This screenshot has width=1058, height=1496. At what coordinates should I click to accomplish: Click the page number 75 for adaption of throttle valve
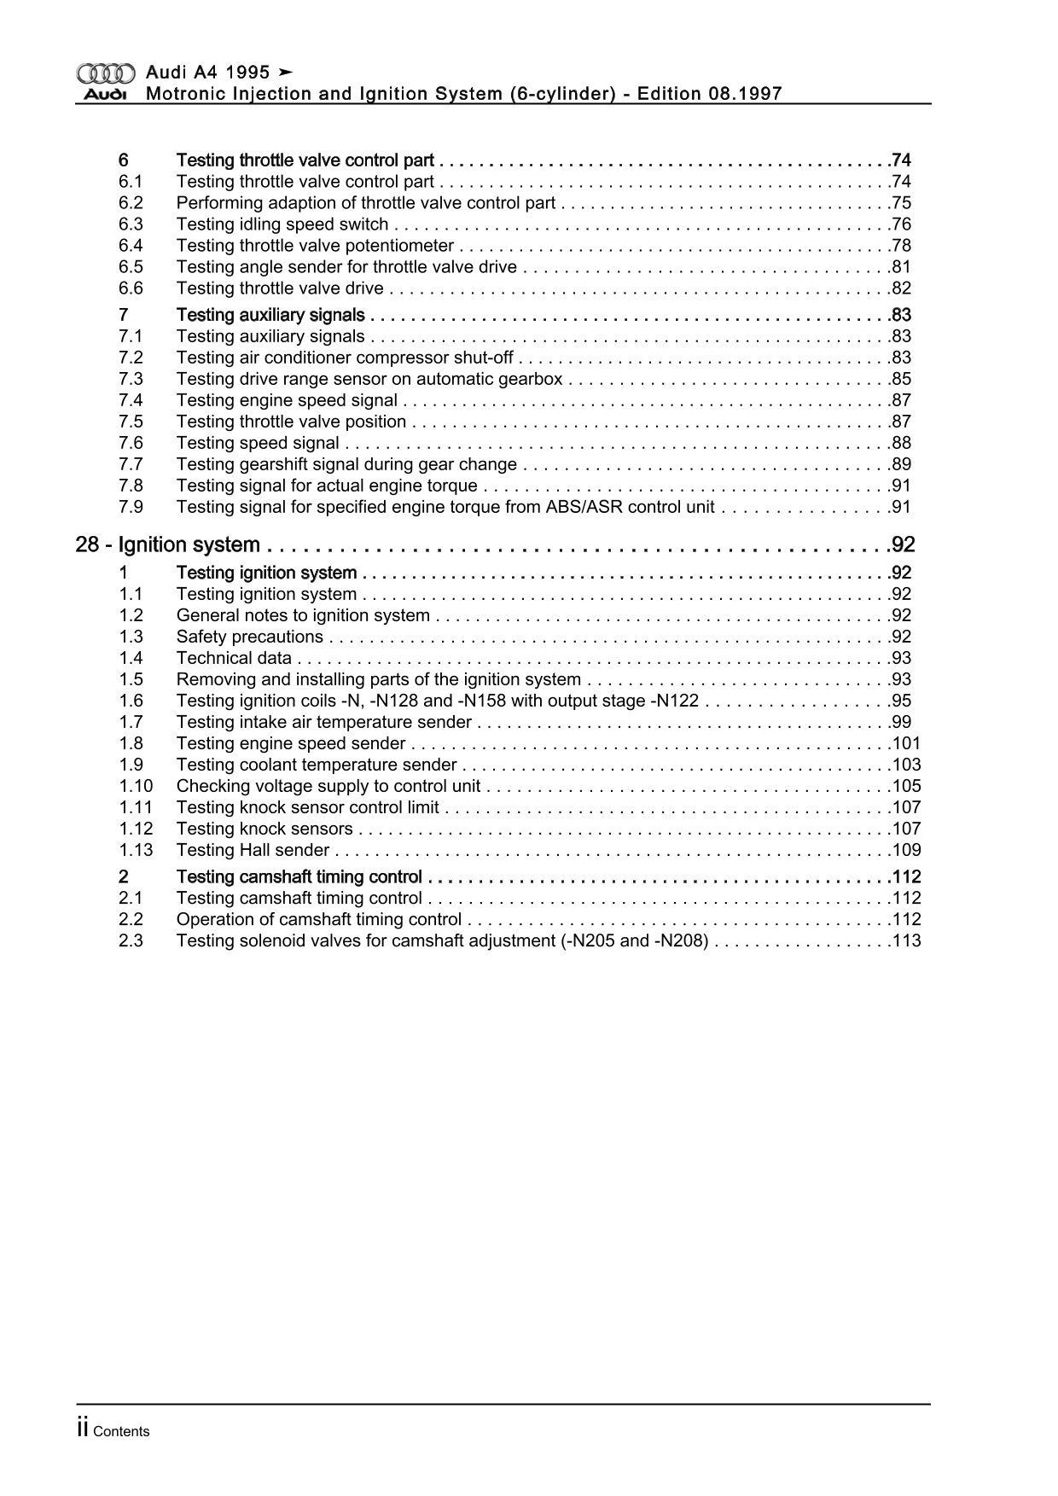tap(901, 203)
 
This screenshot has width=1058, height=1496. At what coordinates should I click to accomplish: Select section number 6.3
tap(131, 224)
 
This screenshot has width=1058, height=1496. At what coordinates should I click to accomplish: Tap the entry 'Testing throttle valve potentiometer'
tap(315, 246)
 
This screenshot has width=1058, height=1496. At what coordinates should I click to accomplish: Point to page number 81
tap(901, 267)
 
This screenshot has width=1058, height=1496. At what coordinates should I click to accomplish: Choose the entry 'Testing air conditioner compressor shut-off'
tap(345, 358)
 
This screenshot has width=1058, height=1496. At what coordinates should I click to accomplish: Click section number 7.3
tap(131, 379)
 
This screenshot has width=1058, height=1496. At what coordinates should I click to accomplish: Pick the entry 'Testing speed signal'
tap(258, 443)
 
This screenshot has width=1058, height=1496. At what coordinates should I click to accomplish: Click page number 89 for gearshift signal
tap(901, 464)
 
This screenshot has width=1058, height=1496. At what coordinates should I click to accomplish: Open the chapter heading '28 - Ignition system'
tap(168, 545)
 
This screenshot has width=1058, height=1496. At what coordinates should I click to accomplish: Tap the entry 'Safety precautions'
tap(249, 637)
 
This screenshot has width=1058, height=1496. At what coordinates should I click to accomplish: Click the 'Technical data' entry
tap(234, 658)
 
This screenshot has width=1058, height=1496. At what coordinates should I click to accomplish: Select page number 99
tap(901, 722)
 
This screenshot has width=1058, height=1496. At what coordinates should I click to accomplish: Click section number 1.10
tap(136, 786)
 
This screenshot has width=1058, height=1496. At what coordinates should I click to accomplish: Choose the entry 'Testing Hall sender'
tap(253, 850)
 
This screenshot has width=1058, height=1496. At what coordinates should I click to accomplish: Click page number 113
tap(906, 940)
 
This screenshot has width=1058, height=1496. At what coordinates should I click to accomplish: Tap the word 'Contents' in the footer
tap(121, 1432)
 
